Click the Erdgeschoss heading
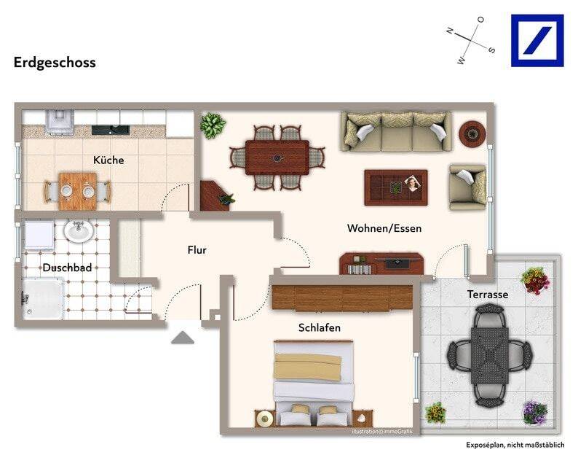tap(55, 63)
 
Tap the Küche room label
tap(108, 160)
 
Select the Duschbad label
tap(67, 268)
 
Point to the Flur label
tap(197, 250)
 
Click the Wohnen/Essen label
tap(384, 228)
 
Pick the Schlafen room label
tap(320, 327)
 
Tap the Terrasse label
tap(488, 295)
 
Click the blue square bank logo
tap(537, 41)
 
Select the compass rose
tap(470, 40)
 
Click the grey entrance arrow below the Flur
tap(183, 338)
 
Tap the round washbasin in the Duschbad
tap(79, 232)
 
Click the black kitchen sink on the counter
tap(111, 130)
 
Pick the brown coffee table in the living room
tap(396, 187)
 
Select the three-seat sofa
tap(396, 132)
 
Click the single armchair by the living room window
tap(467, 187)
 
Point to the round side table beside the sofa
tap(472, 133)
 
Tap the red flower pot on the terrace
tap(536, 280)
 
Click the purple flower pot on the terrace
tap(535, 413)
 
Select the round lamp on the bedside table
tap(265, 419)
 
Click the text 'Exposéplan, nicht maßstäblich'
tap(515, 445)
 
